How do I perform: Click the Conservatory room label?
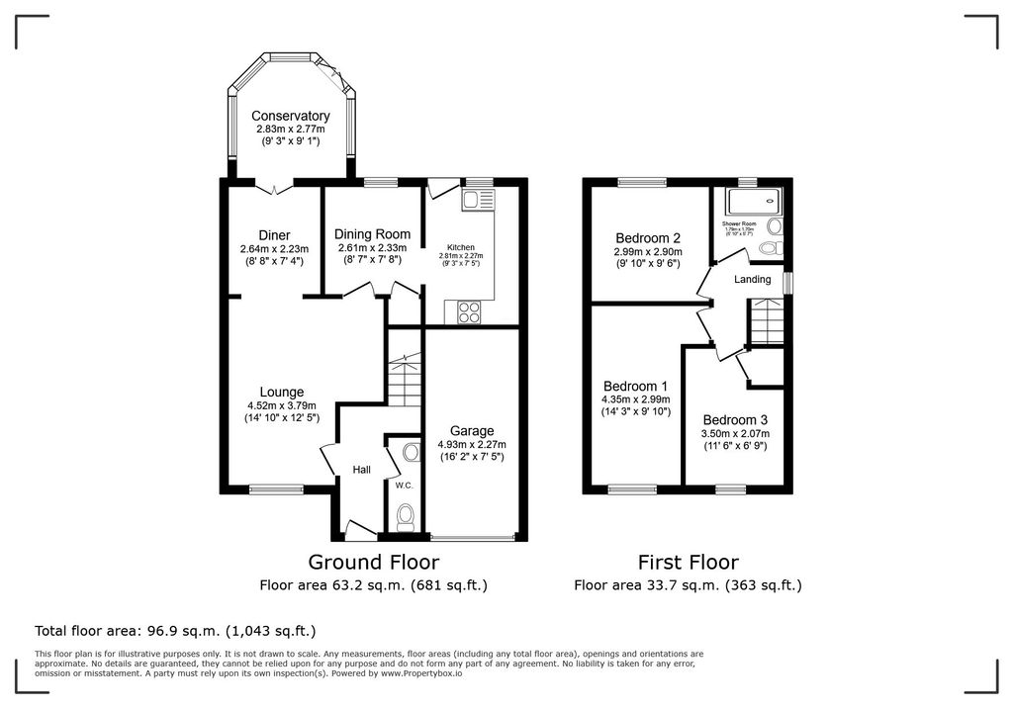tap(290, 116)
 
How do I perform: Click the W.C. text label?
tap(403, 486)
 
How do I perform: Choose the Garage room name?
tap(471, 431)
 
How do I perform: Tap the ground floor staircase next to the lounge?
tap(403, 381)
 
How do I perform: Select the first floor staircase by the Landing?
tap(766, 322)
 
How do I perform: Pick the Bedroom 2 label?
tap(647, 238)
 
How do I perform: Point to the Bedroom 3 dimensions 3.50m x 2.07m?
tap(735, 433)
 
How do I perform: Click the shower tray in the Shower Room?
tap(755, 202)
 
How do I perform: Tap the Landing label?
tap(752, 280)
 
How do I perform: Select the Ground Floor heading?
tap(373, 563)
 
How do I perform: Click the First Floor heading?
tap(688, 563)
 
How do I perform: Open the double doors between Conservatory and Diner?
tap(274, 186)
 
